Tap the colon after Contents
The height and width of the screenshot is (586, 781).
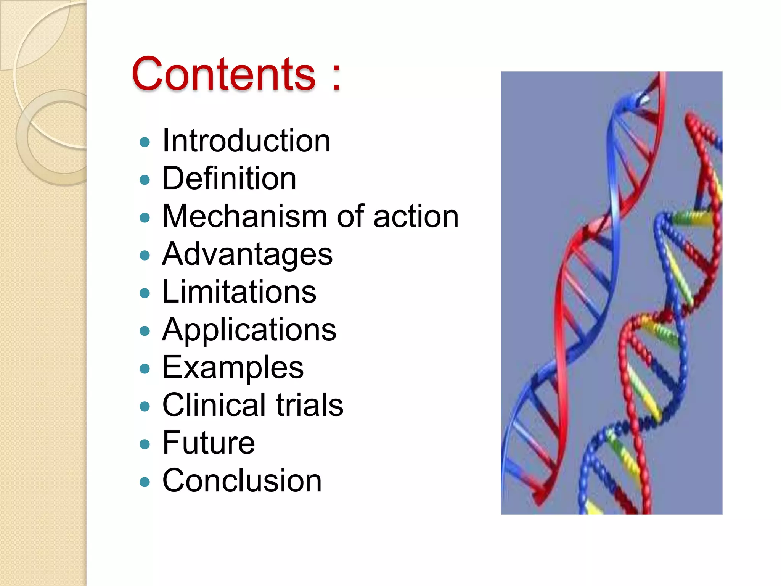[x=336, y=76]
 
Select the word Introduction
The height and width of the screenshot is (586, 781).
[x=246, y=141]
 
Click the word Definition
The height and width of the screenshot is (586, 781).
[x=229, y=178]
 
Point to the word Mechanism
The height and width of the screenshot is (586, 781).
[x=244, y=216]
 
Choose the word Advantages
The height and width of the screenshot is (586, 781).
[x=247, y=255]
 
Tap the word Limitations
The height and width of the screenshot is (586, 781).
[x=239, y=292]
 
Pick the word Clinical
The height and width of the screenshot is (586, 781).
[x=214, y=405]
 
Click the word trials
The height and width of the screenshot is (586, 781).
[x=309, y=405]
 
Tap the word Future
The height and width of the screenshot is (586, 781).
[x=209, y=443]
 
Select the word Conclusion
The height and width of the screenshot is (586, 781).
[x=242, y=480]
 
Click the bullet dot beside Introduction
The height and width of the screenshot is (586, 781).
[x=145, y=142]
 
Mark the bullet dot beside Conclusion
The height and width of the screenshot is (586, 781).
[x=145, y=482]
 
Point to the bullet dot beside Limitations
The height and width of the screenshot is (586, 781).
[x=145, y=293]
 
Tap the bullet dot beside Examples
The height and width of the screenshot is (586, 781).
[x=145, y=369]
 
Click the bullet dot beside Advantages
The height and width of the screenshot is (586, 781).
[x=145, y=256]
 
